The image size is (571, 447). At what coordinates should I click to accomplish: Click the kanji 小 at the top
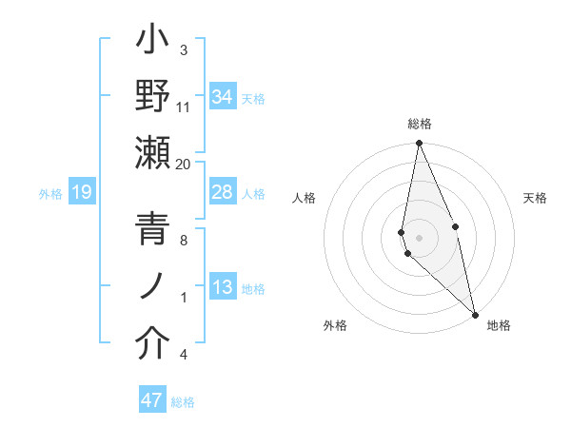point(152,44)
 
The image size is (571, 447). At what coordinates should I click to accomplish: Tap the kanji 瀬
point(152,153)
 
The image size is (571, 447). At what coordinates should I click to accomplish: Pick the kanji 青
point(152,231)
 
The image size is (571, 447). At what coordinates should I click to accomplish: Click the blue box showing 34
point(223,97)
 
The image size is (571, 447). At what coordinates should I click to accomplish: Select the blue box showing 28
point(223,193)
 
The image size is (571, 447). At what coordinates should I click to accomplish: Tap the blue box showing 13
point(223,288)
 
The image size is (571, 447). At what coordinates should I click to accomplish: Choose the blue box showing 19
point(81,193)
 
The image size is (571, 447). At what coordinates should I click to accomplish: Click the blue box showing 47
point(152,400)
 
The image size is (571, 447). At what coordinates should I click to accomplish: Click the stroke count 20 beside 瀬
point(184,164)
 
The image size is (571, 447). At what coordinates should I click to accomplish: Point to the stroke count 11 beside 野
point(184,107)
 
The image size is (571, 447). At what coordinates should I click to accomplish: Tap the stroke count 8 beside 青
point(184,241)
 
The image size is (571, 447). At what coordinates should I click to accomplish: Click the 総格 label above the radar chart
point(420,124)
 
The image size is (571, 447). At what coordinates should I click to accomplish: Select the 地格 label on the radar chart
point(499,326)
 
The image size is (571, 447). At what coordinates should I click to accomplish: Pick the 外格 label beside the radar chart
point(335,326)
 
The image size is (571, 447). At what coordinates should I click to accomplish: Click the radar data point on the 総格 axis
point(419,145)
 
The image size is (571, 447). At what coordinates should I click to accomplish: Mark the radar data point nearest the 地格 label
point(475,314)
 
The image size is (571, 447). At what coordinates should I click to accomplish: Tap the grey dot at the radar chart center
point(419,236)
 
